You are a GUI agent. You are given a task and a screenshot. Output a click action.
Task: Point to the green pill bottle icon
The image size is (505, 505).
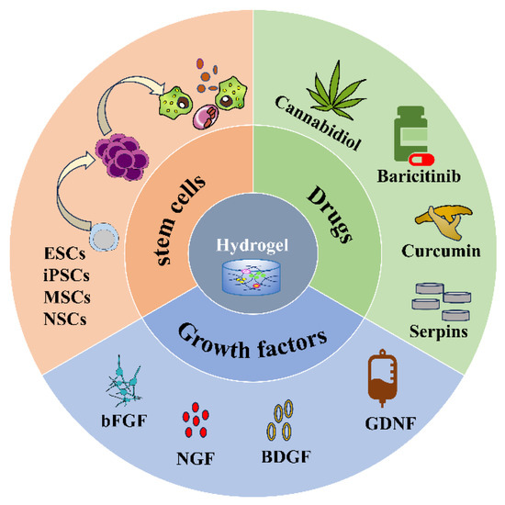412,135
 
